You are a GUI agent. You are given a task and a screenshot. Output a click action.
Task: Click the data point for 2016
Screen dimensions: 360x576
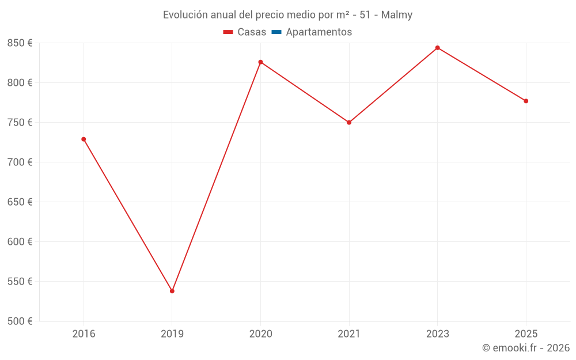84,139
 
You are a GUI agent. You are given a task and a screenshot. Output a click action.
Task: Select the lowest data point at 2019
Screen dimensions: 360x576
172,291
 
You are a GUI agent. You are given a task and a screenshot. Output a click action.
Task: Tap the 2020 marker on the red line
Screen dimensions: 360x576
260,62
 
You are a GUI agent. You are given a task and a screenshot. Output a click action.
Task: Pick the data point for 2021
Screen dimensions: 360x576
349,122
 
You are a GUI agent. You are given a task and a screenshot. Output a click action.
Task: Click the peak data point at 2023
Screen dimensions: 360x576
437,47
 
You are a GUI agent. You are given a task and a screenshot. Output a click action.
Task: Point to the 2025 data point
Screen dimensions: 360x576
526,101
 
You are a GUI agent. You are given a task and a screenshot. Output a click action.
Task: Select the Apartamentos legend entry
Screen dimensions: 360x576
319,32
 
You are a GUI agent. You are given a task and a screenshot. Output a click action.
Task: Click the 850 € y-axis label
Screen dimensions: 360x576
20,43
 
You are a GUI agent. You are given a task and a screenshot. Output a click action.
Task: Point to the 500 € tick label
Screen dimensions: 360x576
20,321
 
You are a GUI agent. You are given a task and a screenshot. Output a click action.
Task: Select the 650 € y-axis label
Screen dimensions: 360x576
20,202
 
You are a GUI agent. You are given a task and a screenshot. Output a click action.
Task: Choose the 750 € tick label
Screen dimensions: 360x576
20,123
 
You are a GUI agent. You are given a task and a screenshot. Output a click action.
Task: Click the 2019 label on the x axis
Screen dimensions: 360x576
172,334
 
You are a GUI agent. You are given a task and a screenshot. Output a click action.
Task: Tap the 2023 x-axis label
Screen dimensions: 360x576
437,334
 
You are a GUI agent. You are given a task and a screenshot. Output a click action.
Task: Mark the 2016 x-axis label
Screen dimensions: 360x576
84,334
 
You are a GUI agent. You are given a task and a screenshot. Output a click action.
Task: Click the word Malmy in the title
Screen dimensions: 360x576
397,15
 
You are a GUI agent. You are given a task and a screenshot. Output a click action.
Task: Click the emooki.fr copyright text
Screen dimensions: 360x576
526,348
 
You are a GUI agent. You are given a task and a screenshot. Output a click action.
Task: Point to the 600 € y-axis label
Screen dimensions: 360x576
20,242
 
